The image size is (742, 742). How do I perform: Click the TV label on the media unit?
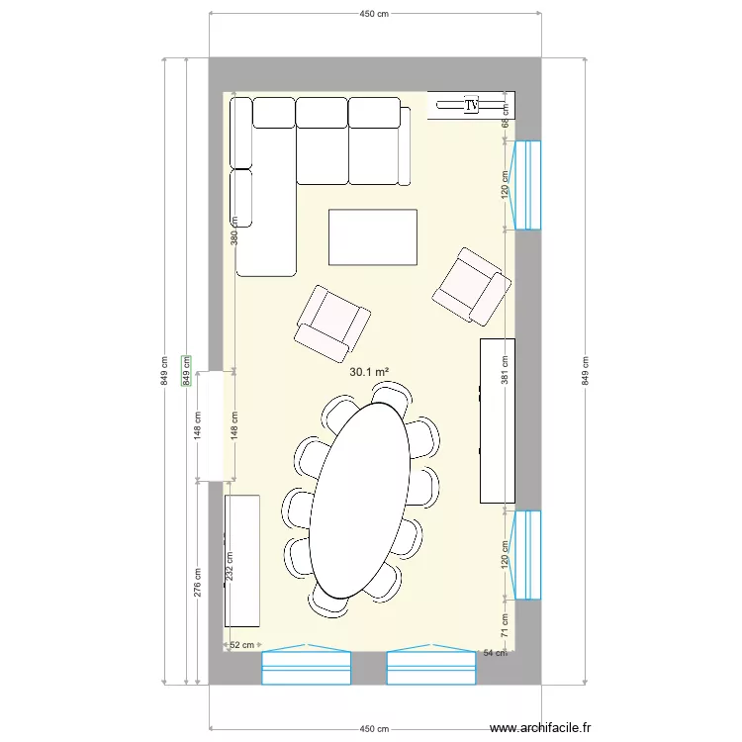click(471, 104)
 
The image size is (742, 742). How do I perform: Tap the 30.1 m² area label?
click(369, 373)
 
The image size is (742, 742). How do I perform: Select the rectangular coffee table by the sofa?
click(372, 236)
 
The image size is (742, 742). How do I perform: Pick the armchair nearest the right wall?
click(472, 286)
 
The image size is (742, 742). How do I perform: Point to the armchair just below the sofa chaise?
click(332, 322)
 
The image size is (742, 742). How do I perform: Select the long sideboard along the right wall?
click(498, 420)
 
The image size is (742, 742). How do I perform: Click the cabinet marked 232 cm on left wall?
click(242, 561)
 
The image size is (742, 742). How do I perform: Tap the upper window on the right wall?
click(526, 185)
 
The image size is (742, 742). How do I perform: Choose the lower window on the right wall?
click(526, 555)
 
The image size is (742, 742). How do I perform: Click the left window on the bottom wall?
click(307, 668)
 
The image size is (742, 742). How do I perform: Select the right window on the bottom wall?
click(431, 668)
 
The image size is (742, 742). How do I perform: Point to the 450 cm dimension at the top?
click(373, 15)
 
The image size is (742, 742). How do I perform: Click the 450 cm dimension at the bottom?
click(373, 728)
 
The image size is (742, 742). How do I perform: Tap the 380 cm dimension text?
click(234, 232)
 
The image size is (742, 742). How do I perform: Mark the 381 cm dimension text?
click(507, 371)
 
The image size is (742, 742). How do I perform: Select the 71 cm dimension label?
click(505, 625)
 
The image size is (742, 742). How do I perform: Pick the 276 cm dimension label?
click(197, 581)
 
